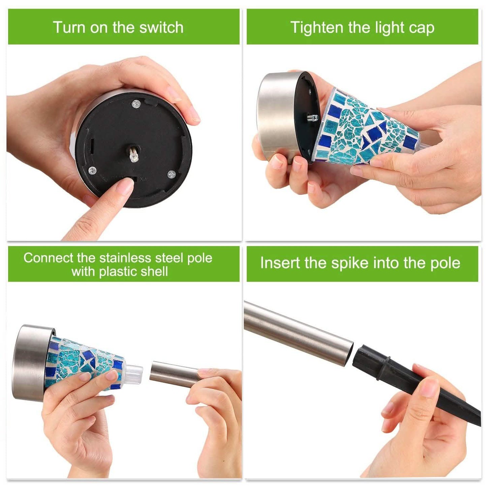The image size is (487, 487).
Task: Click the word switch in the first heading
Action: [x=161, y=27]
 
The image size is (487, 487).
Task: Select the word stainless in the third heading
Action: [x=125, y=258]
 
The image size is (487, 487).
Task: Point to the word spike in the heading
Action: [x=351, y=263]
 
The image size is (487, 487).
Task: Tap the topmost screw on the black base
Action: [x=136, y=104]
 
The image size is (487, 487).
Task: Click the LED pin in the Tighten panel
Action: [x=312, y=118]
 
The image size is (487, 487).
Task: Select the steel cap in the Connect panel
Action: [x=29, y=362]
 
